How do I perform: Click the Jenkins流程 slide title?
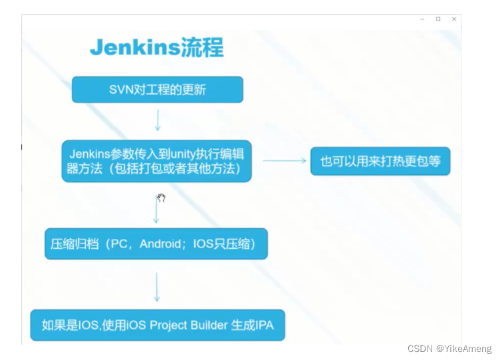point(157,47)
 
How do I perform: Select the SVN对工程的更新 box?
point(158,90)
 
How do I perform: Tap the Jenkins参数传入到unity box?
point(156,161)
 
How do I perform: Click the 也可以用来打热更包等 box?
point(380,161)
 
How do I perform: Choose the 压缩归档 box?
point(156,244)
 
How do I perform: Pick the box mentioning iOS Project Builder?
point(158,325)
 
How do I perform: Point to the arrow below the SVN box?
point(158,120)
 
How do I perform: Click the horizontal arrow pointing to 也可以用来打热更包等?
point(284,161)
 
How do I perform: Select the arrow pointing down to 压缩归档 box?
point(156,210)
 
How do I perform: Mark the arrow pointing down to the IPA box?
point(157,287)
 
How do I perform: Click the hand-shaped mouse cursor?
point(161,198)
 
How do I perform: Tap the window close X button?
point(454,19)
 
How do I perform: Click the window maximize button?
point(438,19)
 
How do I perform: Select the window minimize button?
point(422,19)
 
